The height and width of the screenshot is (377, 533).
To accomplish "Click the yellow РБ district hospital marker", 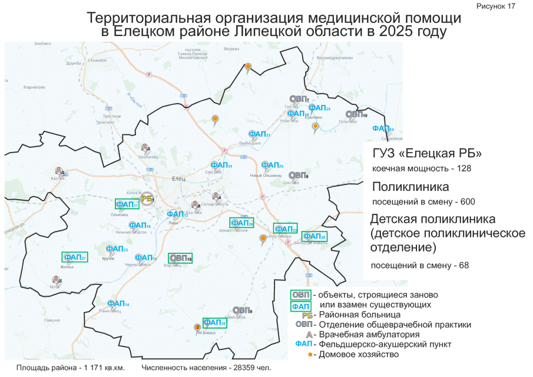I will (147, 200).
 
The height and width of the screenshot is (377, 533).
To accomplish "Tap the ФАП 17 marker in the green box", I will (127, 205).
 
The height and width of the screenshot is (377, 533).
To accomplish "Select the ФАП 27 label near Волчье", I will (75, 257).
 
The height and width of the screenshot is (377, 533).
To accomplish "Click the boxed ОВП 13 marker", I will (180, 258).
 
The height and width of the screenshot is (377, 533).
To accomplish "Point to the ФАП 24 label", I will (382, 129).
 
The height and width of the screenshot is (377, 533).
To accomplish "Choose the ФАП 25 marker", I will (319, 108).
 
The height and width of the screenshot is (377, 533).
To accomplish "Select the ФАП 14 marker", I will (118, 303).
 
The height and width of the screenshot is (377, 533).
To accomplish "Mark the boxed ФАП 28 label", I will (315, 236).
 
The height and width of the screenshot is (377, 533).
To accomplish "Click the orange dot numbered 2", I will (197, 327).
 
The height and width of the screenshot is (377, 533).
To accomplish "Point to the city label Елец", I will (176, 177).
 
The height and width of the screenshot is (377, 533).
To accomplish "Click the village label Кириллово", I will (35, 87).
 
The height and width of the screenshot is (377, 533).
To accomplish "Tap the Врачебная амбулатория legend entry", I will (366, 334).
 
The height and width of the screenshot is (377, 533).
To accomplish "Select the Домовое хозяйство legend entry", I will (358, 355).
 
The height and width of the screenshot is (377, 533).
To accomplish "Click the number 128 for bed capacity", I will (464, 168).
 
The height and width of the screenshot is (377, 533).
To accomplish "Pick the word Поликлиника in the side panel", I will (410, 187).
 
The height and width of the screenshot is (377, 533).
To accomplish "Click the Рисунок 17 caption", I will (495, 6).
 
